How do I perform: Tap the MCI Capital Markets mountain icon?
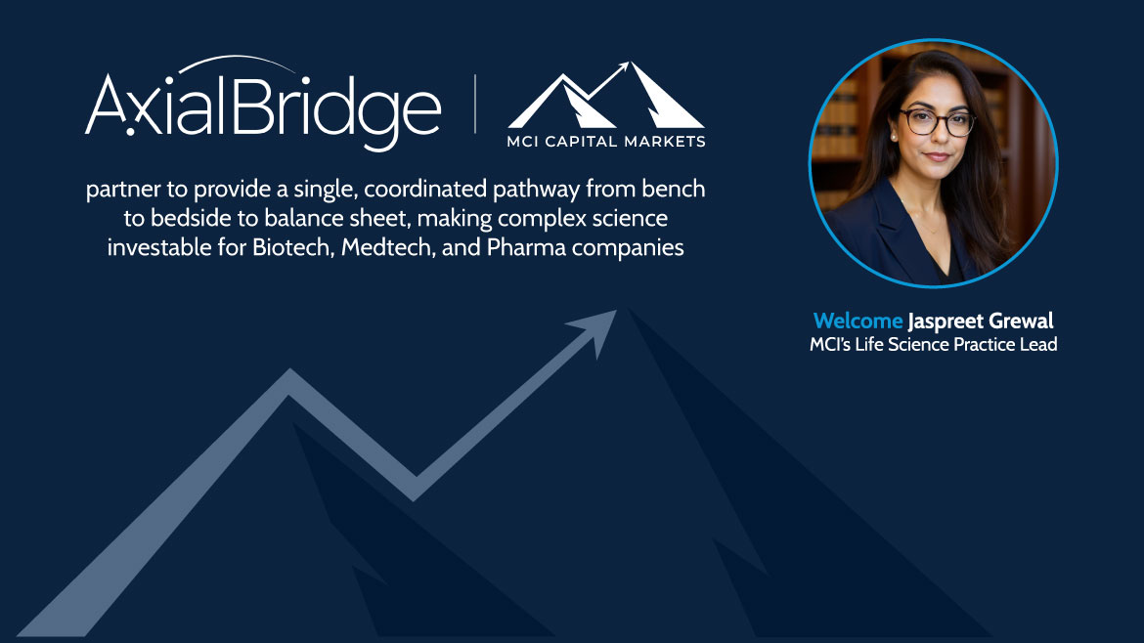[606, 95]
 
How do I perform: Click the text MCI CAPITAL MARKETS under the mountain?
[606, 142]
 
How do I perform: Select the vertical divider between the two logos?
[475, 104]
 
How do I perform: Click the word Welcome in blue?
[858, 321]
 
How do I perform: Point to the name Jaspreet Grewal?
[981, 321]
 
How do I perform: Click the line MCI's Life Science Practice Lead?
[933, 344]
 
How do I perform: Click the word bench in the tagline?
[674, 189]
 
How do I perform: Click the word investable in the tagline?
[159, 247]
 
